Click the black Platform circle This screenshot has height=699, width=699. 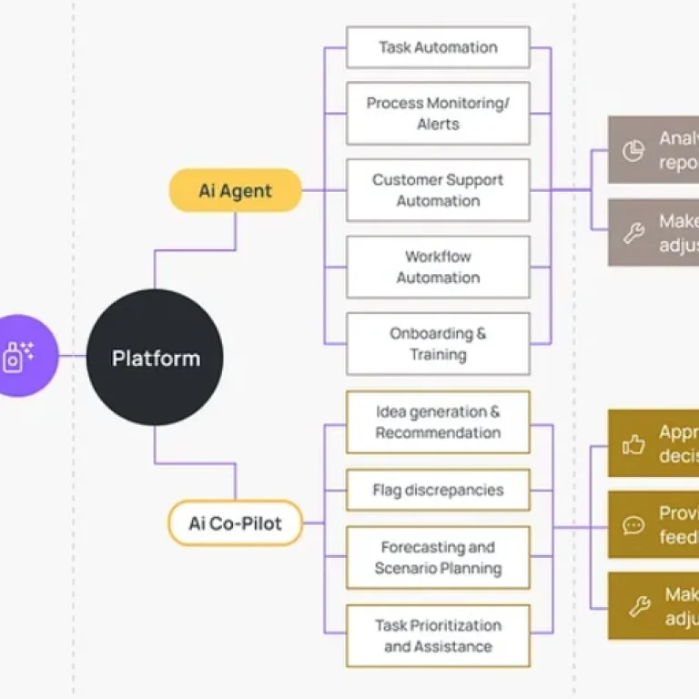[x=155, y=358]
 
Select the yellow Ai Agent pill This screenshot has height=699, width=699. [x=235, y=190]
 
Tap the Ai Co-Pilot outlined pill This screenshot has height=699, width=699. [x=235, y=523]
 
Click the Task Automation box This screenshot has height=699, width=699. [x=438, y=47]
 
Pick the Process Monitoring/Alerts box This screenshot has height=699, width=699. [x=438, y=114]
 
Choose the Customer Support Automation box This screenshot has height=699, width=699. [x=438, y=190]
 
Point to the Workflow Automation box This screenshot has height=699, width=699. [x=438, y=267]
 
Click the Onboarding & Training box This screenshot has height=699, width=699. [x=438, y=344]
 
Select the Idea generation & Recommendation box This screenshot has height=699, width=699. [x=438, y=422]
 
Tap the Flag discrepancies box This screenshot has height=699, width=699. [x=438, y=491]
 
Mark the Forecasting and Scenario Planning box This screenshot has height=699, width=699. [x=438, y=558]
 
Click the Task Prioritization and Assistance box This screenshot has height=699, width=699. [x=438, y=635]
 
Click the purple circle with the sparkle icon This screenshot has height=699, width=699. [x=20, y=356]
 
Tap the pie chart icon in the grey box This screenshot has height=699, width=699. [x=633, y=150]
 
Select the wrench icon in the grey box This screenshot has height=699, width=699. [x=633, y=233]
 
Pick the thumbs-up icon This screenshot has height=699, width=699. [x=633, y=443]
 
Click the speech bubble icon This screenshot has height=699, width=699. [x=633, y=525]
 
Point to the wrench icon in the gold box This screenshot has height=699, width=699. [x=640, y=606]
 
